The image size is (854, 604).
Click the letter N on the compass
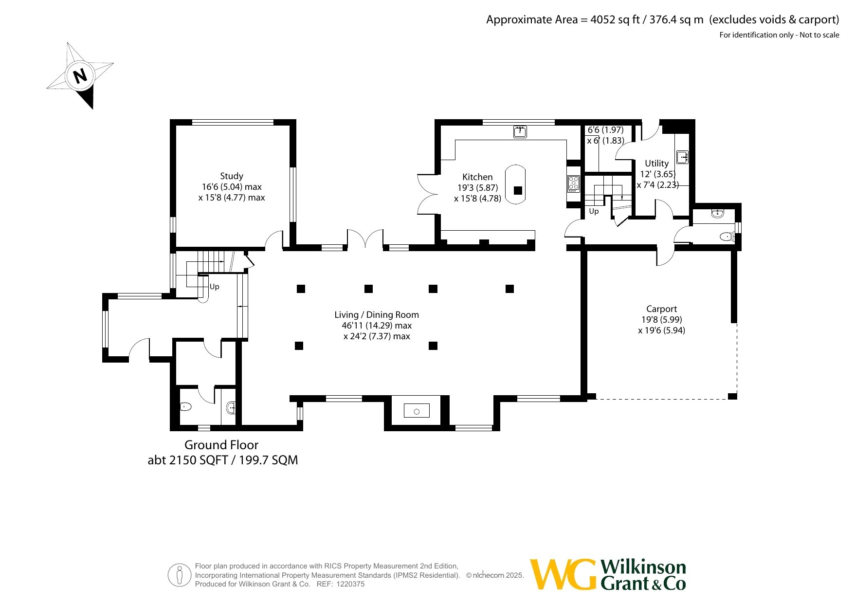click(x=80, y=76)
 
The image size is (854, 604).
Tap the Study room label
click(x=232, y=176)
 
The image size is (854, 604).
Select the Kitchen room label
click(x=477, y=177)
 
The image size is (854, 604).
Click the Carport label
click(x=661, y=309)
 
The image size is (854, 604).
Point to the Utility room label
click(x=656, y=164)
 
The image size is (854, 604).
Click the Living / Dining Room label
click(x=377, y=315)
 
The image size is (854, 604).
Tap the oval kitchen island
click(x=515, y=184)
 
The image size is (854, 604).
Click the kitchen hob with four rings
click(x=574, y=183)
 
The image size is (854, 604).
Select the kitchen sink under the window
click(x=520, y=131)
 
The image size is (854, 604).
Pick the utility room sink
click(x=682, y=157)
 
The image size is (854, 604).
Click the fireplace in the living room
click(x=417, y=411)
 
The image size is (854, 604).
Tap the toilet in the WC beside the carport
click(x=727, y=237)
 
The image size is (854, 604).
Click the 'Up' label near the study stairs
click(x=214, y=287)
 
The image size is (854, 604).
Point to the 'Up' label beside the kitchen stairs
click(x=594, y=211)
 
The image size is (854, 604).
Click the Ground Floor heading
click(x=221, y=445)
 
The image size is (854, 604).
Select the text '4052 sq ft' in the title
click(x=615, y=19)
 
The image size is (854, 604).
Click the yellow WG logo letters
click(x=563, y=574)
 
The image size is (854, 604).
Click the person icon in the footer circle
click(x=180, y=575)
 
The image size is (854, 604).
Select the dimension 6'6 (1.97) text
click(x=605, y=130)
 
